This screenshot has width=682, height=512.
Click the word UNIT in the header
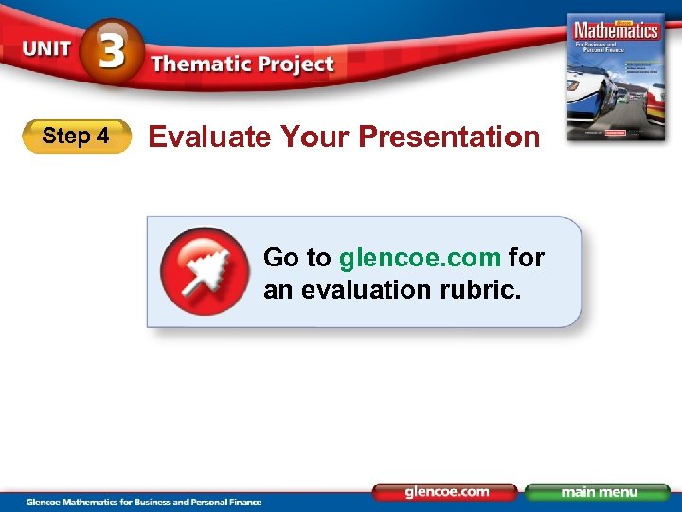(x=46, y=48)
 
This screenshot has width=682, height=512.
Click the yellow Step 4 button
(x=76, y=137)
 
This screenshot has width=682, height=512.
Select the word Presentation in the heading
(x=449, y=137)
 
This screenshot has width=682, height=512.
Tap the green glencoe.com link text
(x=420, y=257)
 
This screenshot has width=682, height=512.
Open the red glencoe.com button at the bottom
(x=446, y=492)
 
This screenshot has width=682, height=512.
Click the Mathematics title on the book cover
(x=614, y=29)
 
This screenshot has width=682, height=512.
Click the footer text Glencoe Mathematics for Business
(x=104, y=502)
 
